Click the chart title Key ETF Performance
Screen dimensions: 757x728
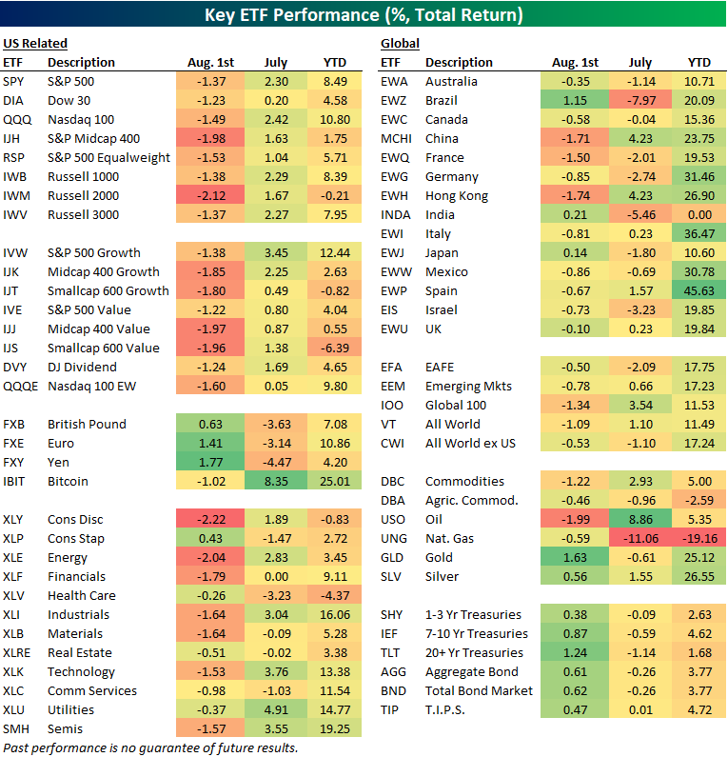pos(364,16)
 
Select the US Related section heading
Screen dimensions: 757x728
pos(35,44)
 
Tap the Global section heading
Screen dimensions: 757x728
pos(400,44)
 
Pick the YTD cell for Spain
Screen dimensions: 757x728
pos(698,290)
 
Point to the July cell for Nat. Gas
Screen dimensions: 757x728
pos(640,538)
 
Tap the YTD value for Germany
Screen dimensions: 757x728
pos(698,176)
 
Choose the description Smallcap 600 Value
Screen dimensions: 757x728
pos(103,348)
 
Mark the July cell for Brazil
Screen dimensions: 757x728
pos(640,100)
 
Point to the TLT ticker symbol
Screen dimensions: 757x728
pos(392,652)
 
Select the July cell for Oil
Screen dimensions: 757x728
pos(640,519)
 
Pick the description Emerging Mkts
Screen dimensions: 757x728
pos(468,386)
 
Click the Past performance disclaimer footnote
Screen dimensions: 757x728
pos(150,747)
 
